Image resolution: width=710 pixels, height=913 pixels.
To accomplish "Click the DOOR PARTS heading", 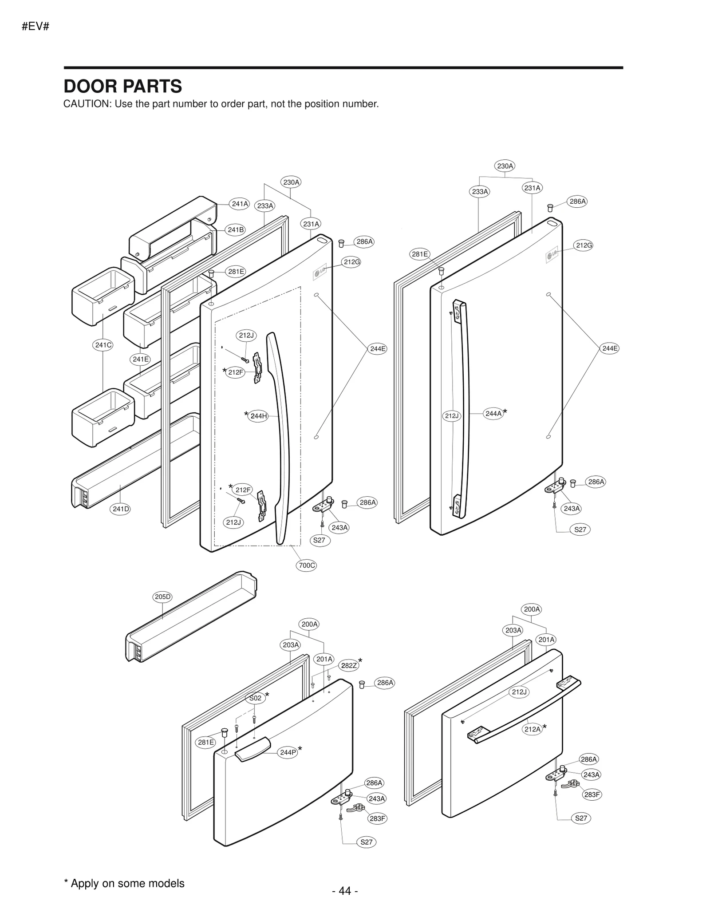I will click(x=122, y=86).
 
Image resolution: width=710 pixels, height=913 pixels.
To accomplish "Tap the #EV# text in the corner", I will click(x=35, y=27).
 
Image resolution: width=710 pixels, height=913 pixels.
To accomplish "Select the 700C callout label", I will click(x=307, y=565).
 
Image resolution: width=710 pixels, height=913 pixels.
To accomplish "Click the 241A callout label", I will click(x=240, y=204).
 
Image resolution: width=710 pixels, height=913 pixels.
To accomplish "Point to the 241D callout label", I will click(x=121, y=509).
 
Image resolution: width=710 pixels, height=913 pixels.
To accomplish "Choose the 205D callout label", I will click(x=162, y=597).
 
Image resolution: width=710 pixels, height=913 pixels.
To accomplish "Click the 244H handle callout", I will click(x=258, y=416).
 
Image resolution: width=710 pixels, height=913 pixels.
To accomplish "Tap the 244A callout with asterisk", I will click(x=493, y=413).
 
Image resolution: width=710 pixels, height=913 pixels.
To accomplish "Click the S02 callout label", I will click(x=255, y=698).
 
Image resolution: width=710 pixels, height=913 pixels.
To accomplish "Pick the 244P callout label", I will click(x=288, y=752).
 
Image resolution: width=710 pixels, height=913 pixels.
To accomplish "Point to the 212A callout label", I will click(x=532, y=729).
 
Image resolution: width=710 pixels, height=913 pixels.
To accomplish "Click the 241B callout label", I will click(x=236, y=229).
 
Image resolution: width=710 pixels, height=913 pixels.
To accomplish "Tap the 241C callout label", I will click(x=103, y=345).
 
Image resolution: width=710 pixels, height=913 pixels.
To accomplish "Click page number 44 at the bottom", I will click(x=345, y=890).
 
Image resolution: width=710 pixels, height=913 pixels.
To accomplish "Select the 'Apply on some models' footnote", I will click(x=124, y=883).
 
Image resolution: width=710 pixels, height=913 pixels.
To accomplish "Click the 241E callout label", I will click(x=141, y=359).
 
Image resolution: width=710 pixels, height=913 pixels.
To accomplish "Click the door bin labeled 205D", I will click(x=191, y=621).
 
